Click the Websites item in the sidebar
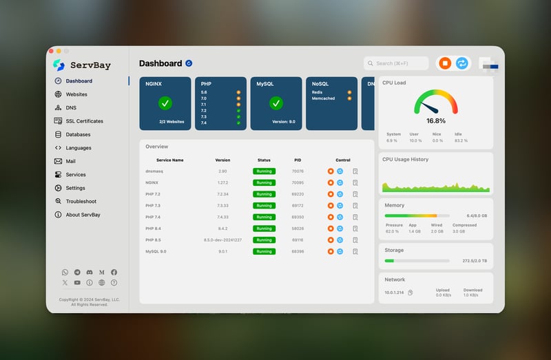[76, 94]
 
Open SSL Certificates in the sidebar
[84, 121]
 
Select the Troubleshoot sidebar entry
[81, 202]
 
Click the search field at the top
[396, 63]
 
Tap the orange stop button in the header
[445, 63]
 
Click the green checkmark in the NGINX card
[165, 103]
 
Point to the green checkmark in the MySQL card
[276, 103]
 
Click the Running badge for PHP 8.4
[264, 229]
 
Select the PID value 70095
[298, 182]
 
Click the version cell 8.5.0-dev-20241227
[222, 240]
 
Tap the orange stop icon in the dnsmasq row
[331, 171]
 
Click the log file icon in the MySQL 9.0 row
[355, 252]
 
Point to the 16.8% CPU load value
[435, 120]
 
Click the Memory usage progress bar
[417, 215]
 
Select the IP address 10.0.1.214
[395, 293]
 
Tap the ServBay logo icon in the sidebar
[59, 65]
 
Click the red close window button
[50, 51]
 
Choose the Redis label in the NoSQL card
[318, 92]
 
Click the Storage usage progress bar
[417, 261]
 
